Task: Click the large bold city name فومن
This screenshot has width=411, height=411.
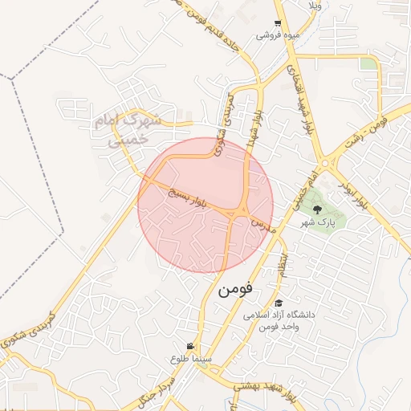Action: (x=234, y=286)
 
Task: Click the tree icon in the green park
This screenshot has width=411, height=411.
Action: (x=317, y=209)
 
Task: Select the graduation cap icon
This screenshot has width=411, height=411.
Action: (x=279, y=303)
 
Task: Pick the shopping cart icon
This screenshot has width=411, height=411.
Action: (x=277, y=23)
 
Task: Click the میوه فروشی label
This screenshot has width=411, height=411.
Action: (x=275, y=36)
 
